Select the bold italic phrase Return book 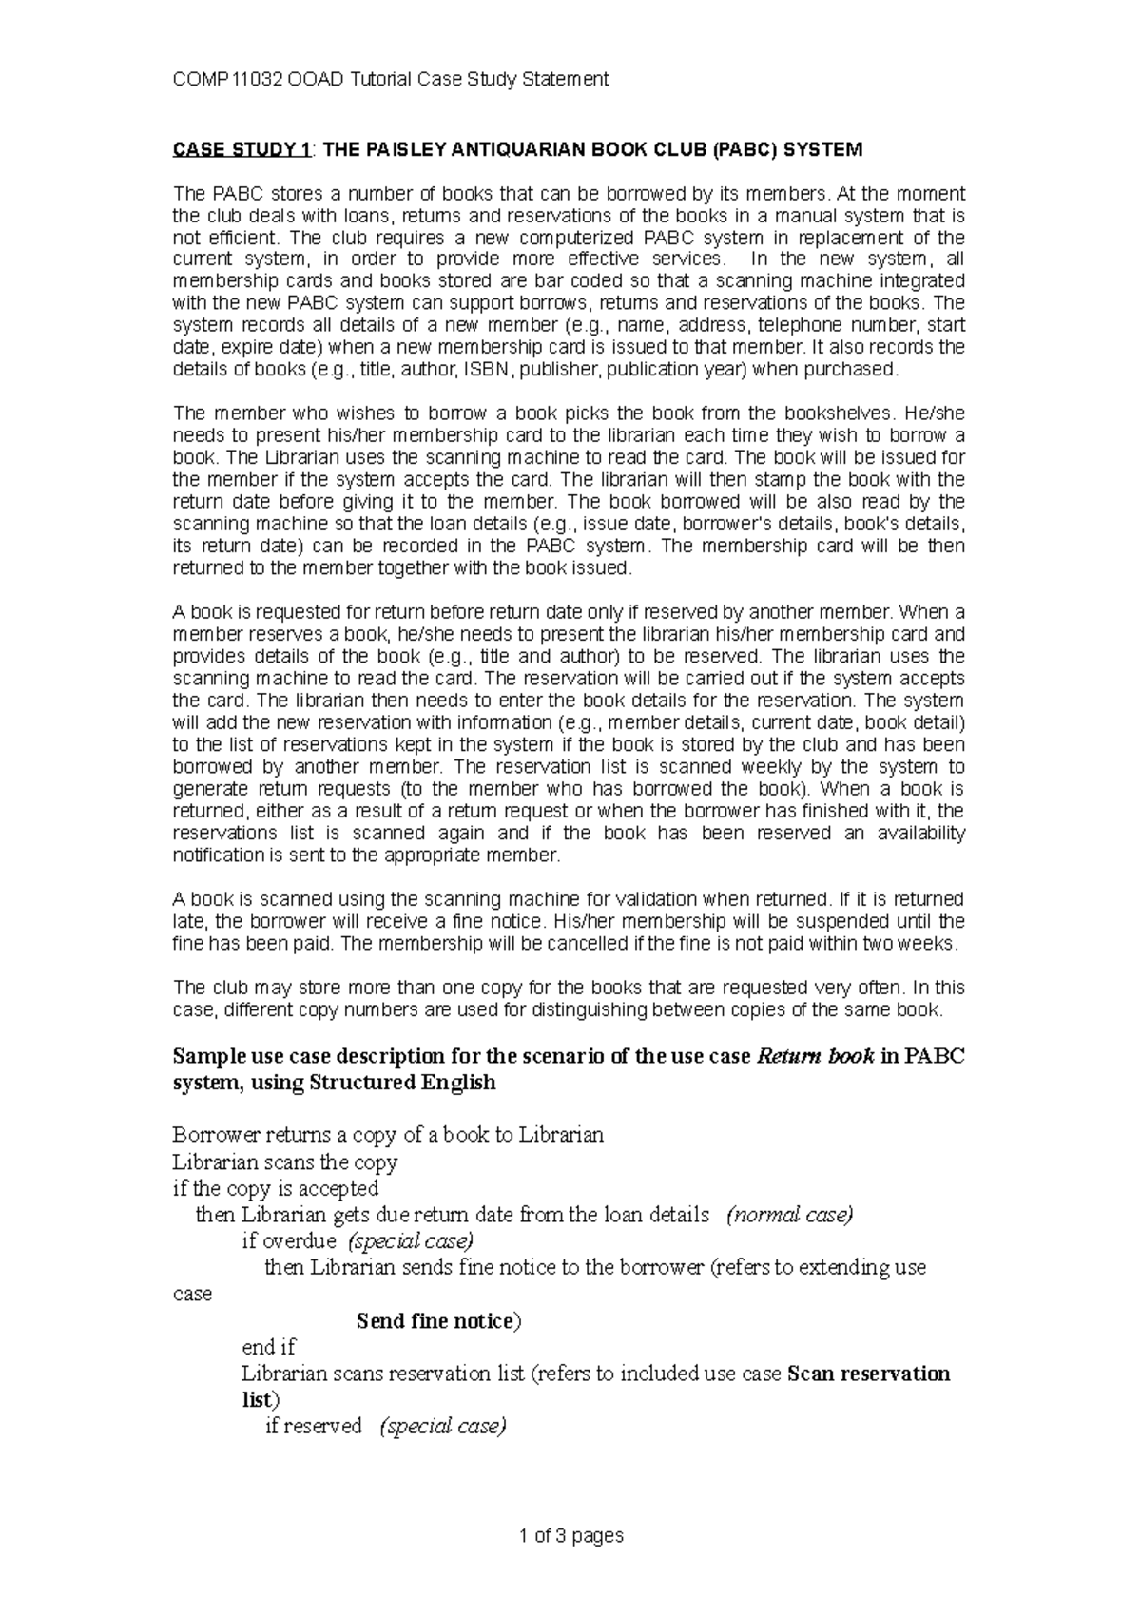point(814,1056)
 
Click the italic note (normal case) point(789,1215)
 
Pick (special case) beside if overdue point(411,1240)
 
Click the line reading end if point(270,1347)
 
